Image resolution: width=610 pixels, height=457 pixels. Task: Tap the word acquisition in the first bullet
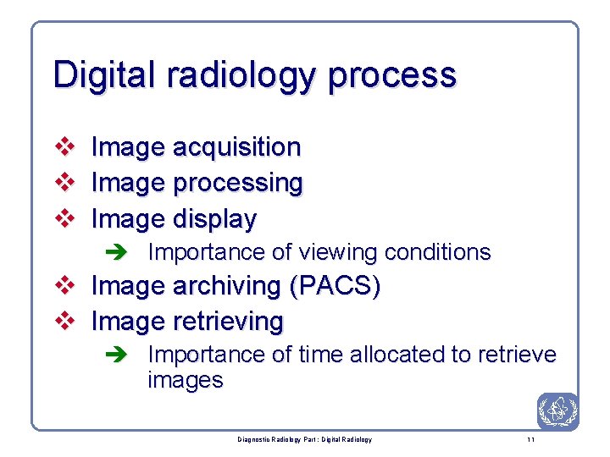[236, 147]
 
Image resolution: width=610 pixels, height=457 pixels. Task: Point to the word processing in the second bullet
[237, 184]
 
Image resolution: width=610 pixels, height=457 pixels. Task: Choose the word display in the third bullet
[214, 220]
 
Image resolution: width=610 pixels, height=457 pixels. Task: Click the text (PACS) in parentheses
[335, 287]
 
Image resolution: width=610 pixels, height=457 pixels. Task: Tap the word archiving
[226, 287]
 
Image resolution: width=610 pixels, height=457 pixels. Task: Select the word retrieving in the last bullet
[228, 322]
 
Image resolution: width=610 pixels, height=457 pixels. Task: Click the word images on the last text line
[185, 381]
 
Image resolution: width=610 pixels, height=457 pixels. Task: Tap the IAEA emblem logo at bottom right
[557, 412]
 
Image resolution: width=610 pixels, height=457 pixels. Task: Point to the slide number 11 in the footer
[530, 440]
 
